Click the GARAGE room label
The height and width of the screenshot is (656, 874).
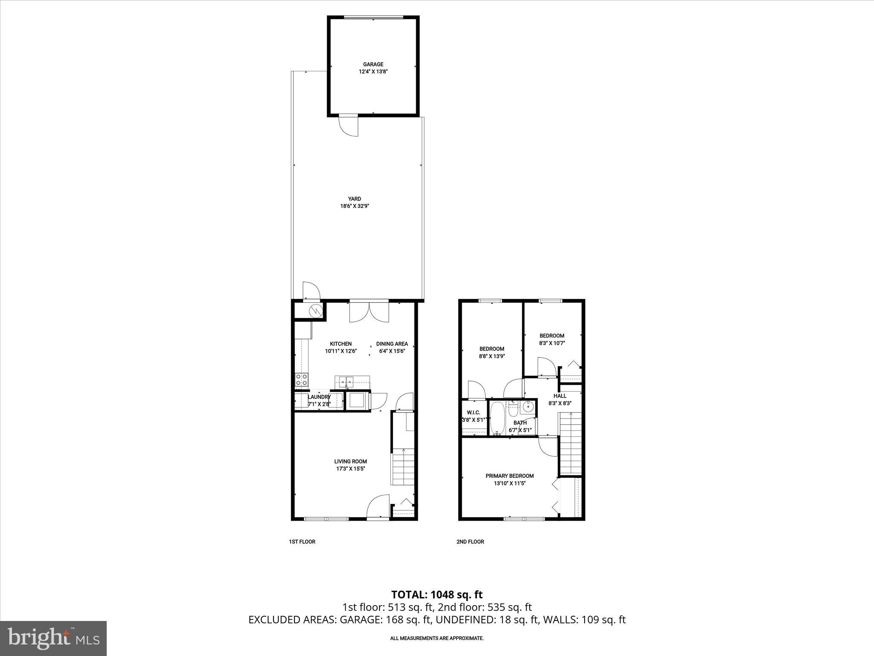tap(373, 64)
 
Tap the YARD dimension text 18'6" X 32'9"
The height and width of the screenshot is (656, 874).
tap(354, 206)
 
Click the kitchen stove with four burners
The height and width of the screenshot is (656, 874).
tap(301, 380)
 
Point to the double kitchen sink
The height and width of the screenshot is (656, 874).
tap(347, 381)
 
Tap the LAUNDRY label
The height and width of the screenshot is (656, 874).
tap(319, 397)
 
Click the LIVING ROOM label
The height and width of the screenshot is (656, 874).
tap(350, 461)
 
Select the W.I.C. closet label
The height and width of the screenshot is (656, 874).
tap(473, 412)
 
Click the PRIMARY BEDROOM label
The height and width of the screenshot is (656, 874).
tap(510, 476)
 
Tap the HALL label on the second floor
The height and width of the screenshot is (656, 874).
tap(559, 396)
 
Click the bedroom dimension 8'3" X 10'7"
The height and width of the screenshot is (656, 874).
tap(552, 343)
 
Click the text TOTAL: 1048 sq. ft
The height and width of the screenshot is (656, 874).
tap(437, 594)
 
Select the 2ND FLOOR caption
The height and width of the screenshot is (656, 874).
tap(470, 542)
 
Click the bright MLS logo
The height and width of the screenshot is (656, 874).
tap(53, 638)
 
